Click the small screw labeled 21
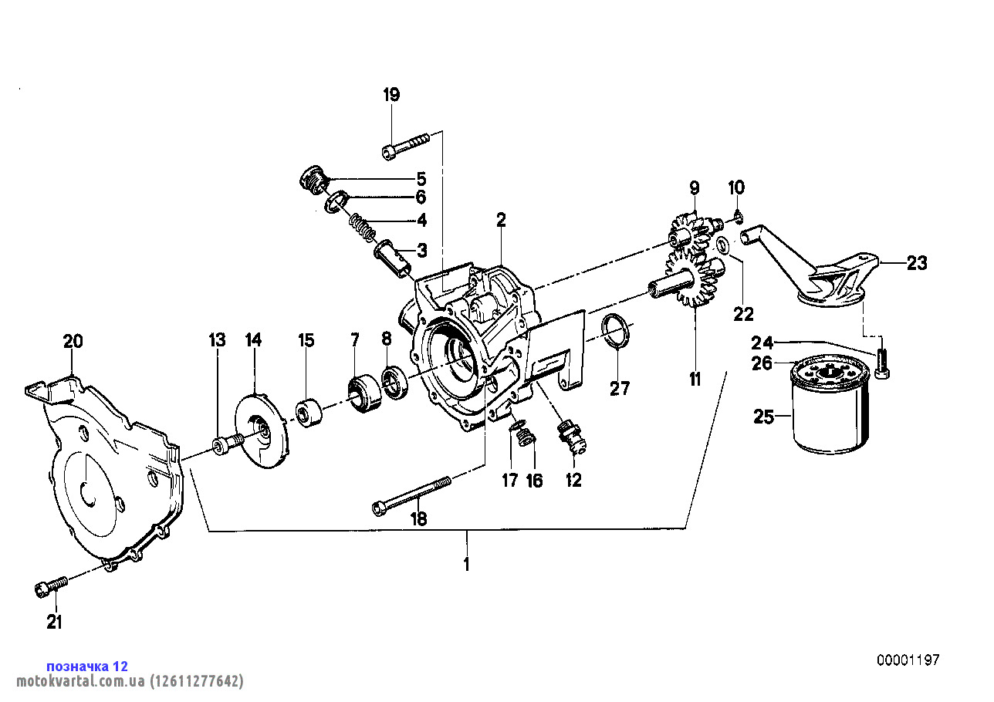point(51,586)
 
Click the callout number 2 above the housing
point(501,220)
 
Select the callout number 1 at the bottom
point(466,564)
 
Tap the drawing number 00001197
point(908,660)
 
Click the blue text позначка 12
point(87,666)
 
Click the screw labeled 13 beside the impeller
point(225,444)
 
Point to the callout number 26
point(762,363)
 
